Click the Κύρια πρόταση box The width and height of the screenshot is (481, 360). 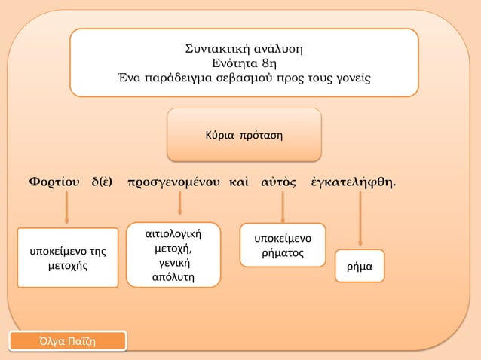tap(244, 136)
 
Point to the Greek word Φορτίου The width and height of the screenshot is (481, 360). tap(53, 182)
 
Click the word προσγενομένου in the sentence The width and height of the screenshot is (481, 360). tap(174, 182)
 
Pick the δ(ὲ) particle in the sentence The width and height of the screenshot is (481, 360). tap(103, 182)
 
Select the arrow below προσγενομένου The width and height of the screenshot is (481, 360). tap(179, 204)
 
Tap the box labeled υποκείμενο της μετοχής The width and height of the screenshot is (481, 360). tap(68, 258)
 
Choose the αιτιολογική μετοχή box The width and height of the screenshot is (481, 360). tap(173, 255)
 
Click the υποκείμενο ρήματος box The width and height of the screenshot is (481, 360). tap(283, 246)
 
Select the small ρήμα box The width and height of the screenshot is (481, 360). tap(361, 267)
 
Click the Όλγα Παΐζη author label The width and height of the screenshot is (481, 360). tap(68, 343)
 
